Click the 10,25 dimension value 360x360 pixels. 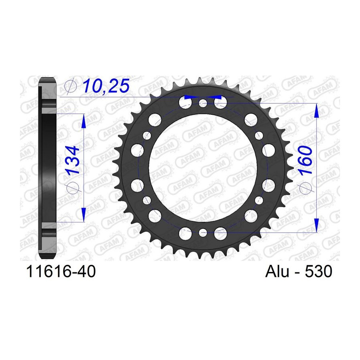[x=106, y=86]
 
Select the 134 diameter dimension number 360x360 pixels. [x=72, y=160]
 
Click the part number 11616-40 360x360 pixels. [x=61, y=271]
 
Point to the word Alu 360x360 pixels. [x=277, y=271]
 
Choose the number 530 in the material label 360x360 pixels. [x=318, y=271]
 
